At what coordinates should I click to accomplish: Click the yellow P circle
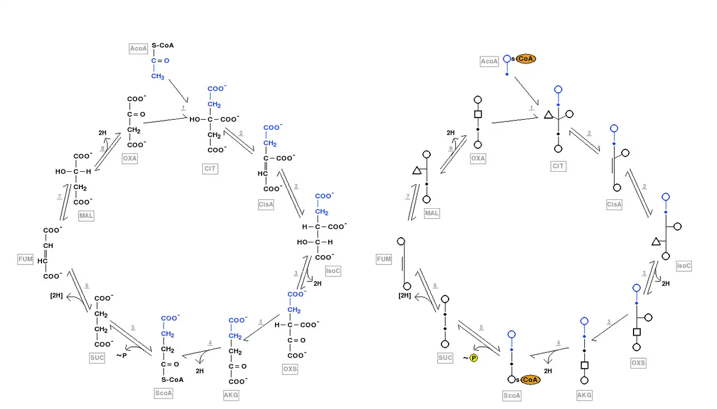point(473,358)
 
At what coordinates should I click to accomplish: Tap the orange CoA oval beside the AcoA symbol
point(526,59)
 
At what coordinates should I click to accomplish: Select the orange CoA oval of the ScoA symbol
point(530,380)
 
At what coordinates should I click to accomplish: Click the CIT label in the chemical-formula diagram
point(210,168)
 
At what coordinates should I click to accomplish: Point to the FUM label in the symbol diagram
point(384,259)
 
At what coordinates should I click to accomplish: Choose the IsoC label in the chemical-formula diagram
point(333,271)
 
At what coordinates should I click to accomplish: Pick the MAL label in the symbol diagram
point(432,213)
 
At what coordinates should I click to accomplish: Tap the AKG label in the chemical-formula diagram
point(231,395)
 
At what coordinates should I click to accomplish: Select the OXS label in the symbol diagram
point(638,363)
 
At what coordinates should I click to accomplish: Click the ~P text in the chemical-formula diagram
point(122,355)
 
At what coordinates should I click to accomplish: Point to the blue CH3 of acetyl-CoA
point(157,76)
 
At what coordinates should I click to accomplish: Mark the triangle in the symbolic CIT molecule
point(548,115)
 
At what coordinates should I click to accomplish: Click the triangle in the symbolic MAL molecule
point(416,170)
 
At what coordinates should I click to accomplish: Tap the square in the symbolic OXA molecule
point(478,114)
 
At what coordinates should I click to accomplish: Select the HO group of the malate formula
point(61,172)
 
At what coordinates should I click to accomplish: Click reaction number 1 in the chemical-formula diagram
point(183,107)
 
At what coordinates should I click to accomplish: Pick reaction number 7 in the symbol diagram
point(407,196)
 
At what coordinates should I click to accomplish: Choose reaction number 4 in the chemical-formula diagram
point(210,342)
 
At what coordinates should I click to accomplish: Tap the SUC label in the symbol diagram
point(445,358)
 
